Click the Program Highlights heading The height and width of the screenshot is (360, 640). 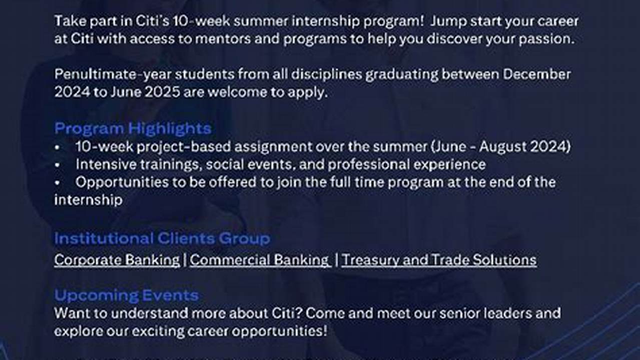coord(133,128)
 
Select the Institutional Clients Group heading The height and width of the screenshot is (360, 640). coord(162,238)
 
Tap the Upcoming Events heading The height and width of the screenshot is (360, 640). coord(126,295)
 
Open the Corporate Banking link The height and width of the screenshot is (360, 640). coord(117,260)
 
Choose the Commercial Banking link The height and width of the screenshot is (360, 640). coord(260,260)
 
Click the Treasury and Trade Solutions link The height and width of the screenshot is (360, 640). coord(439,260)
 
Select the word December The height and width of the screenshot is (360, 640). coord(537,74)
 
